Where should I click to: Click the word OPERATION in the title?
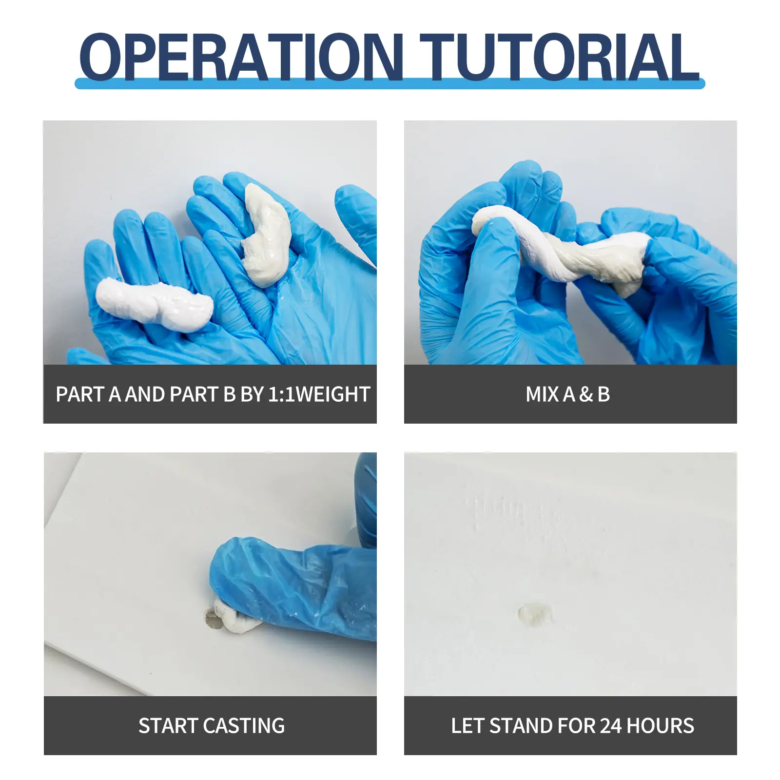click(x=241, y=57)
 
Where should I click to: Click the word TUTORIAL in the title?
click(x=560, y=57)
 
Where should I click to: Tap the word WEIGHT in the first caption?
click(x=332, y=394)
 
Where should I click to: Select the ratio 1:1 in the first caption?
click(x=282, y=394)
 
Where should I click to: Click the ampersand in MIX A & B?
click(x=586, y=394)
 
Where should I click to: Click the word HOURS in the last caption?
click(x=660, y=726)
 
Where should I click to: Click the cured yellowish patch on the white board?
click(x=535, y=613)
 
